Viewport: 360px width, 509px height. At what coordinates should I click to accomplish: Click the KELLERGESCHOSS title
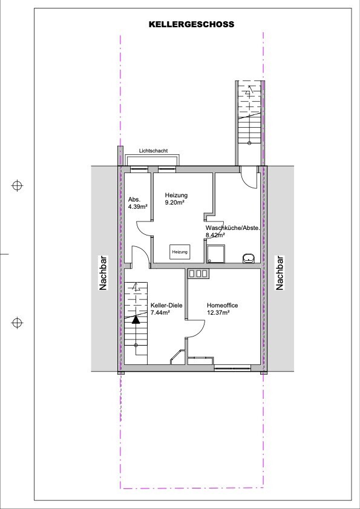coord(192,24)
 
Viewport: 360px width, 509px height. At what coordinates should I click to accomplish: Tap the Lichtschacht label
coord(153,151)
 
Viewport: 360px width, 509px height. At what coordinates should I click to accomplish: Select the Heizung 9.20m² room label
coord(176,199)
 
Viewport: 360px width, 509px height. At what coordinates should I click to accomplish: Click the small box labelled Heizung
coord(180,252)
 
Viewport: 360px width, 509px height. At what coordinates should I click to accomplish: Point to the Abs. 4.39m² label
coord(138,202)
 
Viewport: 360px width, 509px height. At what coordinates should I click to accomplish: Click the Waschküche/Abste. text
coord(233,228)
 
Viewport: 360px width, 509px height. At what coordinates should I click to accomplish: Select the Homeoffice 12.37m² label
coord(223,309)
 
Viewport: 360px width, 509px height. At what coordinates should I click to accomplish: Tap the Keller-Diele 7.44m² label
coord(166,309)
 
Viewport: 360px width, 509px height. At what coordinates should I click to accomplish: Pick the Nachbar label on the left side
coord(103,273)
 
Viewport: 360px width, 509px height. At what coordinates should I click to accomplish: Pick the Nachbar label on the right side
coord(280,273)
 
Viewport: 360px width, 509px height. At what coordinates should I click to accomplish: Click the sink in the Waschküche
coord(249,258)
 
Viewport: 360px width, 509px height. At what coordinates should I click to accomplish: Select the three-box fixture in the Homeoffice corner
coord(198,274)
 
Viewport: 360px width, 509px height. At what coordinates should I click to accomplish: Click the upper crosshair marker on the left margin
coord(17,186)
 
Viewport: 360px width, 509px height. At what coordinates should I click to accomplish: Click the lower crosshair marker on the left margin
coord(17,323)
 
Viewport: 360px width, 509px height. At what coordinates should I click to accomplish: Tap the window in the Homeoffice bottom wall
coord(232,368)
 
